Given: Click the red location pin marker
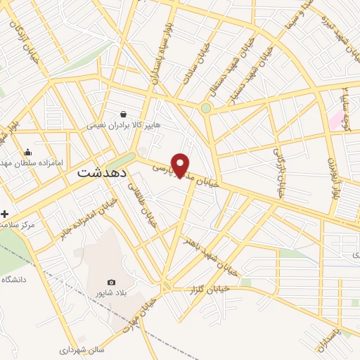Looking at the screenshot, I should pyautogui.click(x=181, y=165).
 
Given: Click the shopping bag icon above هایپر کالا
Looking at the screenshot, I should pyautogui.click(x=124, y=113).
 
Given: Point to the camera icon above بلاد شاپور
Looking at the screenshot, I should pyautogui.click(x=111, y=282).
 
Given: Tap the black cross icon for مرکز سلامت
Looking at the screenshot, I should pyautogui.click(x=5, y=213).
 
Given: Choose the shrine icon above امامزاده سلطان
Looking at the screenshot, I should pyautogui.click(x=27, y=152).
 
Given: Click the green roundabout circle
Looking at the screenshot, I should pyautogui.click(x=205, y=108).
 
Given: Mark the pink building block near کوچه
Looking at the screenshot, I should pyautogui.click(x=335, y=119).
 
